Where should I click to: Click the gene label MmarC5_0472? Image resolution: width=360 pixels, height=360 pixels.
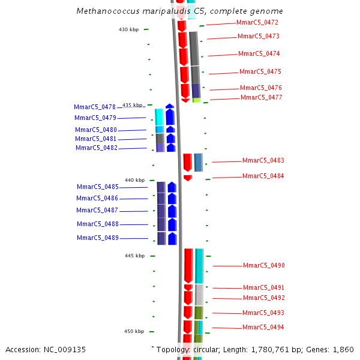257,23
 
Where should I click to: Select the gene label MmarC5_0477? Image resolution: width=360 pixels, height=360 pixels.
261,97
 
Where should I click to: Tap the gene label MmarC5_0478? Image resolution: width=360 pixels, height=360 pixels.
95,107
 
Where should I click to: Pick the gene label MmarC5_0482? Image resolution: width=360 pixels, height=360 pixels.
96,148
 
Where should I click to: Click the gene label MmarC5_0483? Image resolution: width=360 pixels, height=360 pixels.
263,161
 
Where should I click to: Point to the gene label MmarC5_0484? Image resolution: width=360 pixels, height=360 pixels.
263,176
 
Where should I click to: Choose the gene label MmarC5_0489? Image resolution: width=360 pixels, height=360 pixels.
98,238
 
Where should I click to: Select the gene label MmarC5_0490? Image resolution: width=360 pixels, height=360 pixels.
264,266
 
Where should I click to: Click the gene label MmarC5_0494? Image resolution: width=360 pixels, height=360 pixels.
263,328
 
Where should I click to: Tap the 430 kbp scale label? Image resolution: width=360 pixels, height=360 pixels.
128,29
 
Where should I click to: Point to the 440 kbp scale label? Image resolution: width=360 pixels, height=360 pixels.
134,180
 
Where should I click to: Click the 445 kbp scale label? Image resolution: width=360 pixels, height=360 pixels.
134,256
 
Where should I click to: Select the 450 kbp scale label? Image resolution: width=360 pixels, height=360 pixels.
134,331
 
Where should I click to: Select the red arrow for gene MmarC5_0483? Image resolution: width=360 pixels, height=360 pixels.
188,162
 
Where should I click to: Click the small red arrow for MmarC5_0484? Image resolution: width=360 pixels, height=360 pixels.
188,178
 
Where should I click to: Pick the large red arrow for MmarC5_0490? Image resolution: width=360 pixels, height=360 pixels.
188,265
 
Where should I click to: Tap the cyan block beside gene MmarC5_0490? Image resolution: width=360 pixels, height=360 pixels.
199,265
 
